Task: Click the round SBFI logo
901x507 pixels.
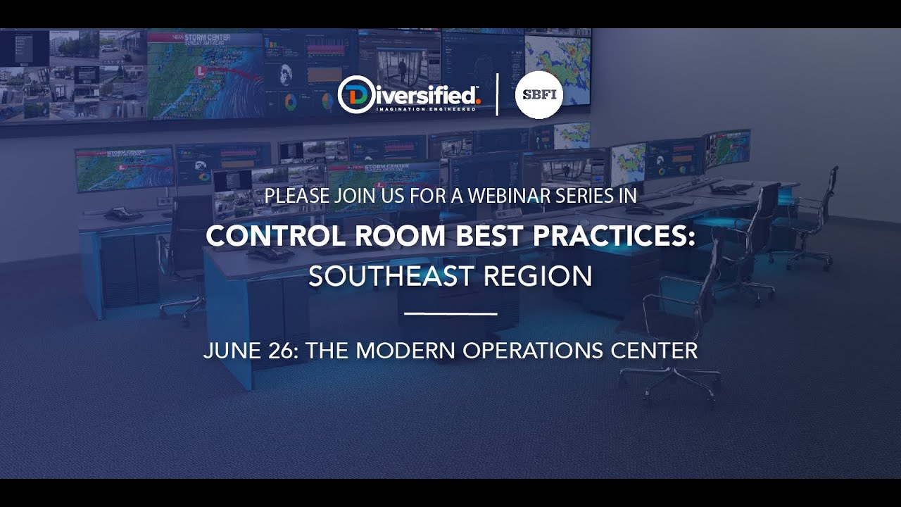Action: (539, 94)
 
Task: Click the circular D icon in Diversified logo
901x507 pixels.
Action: (355, 94)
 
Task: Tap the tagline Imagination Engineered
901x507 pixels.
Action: (426, 109)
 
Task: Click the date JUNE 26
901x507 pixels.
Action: (248, 350)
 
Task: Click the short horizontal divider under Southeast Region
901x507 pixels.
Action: (451, 313)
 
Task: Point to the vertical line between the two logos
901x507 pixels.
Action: (498, 94)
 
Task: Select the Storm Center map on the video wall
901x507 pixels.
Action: (204, 74)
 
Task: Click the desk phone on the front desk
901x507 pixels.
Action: (269, 252)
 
